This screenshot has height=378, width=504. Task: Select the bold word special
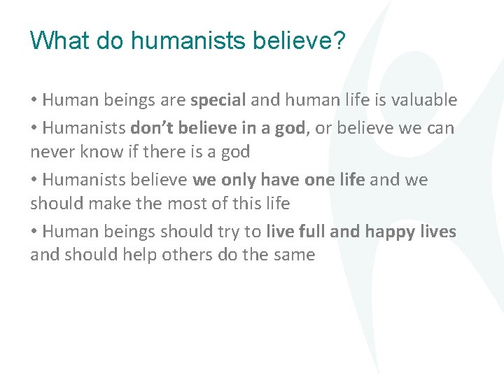click(x=218, y=100)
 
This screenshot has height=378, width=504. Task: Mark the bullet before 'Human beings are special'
click(x=34, y=101)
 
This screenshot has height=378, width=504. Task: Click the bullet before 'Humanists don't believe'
click(x=34, y=129)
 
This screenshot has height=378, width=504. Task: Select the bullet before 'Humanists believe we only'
click(x=34, y=181)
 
